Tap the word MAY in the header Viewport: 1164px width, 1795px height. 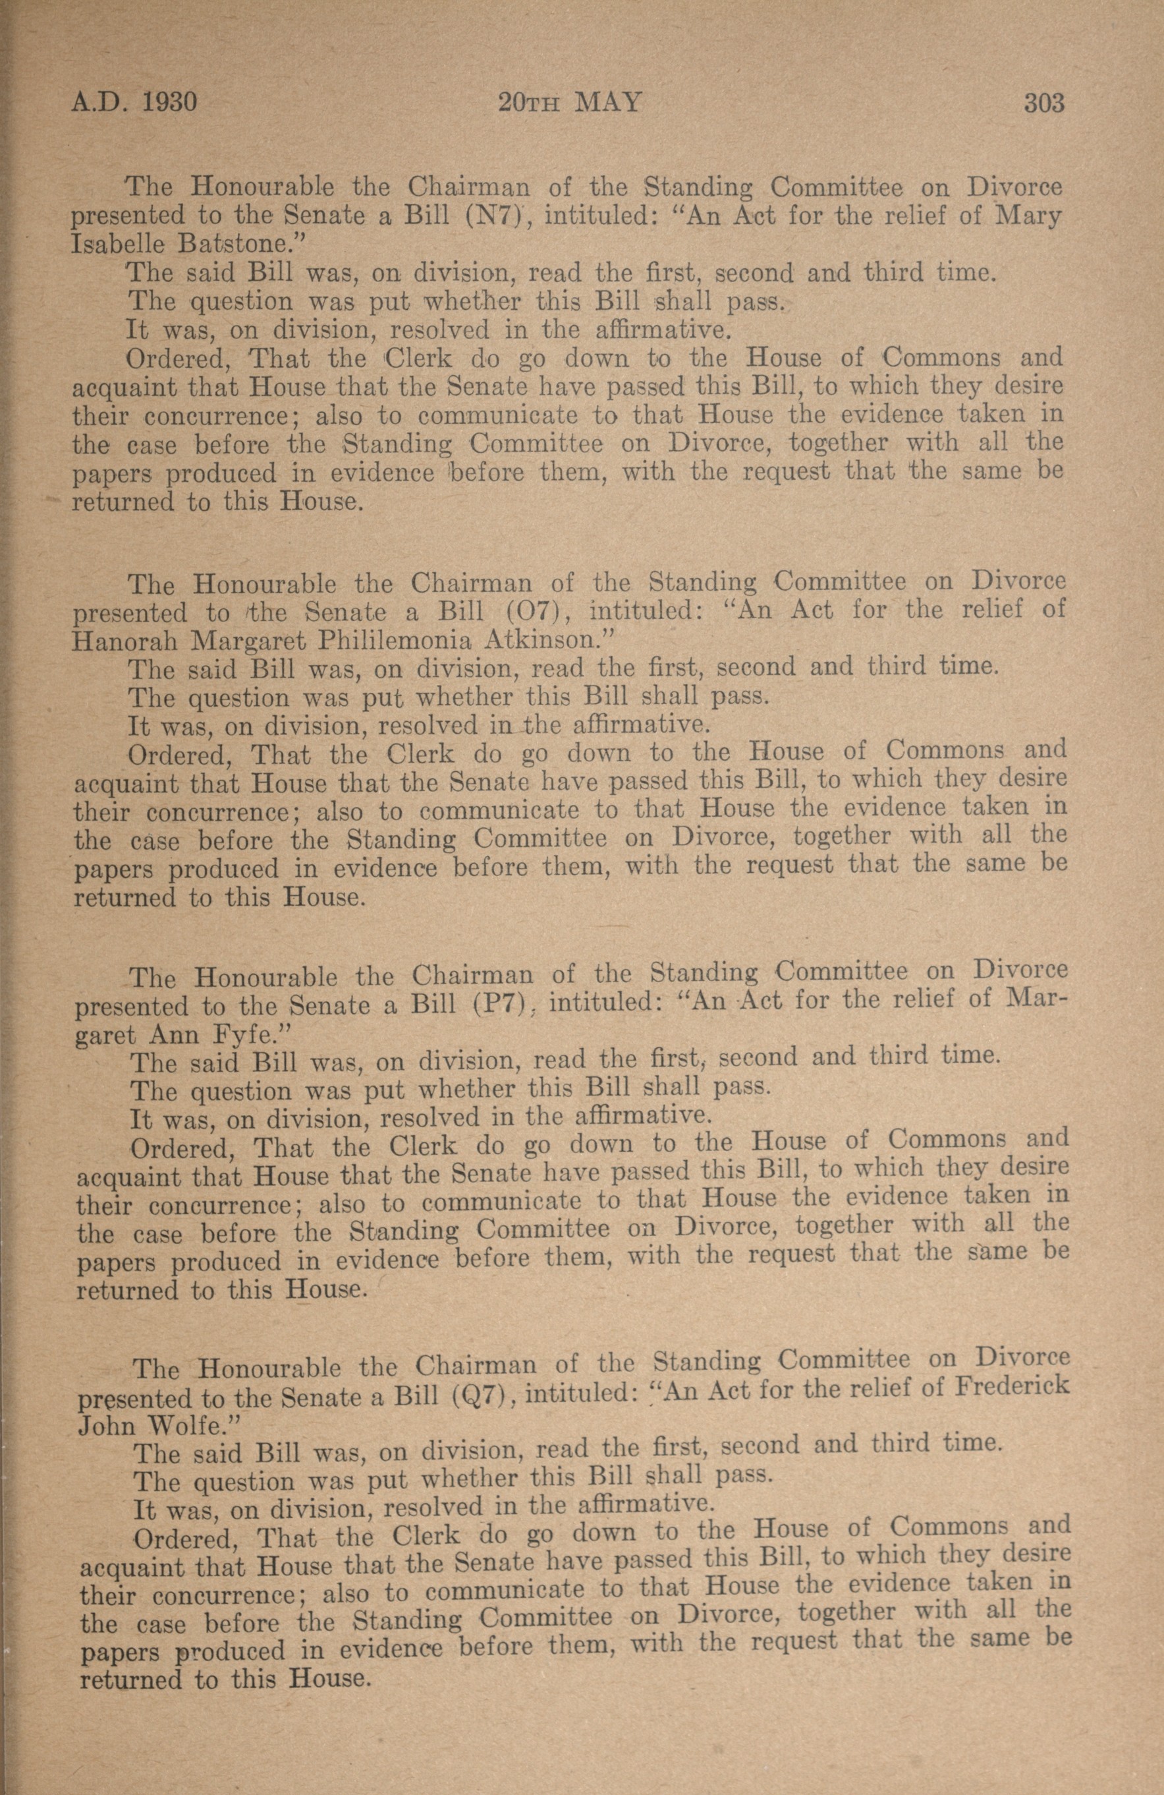[607, 102]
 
